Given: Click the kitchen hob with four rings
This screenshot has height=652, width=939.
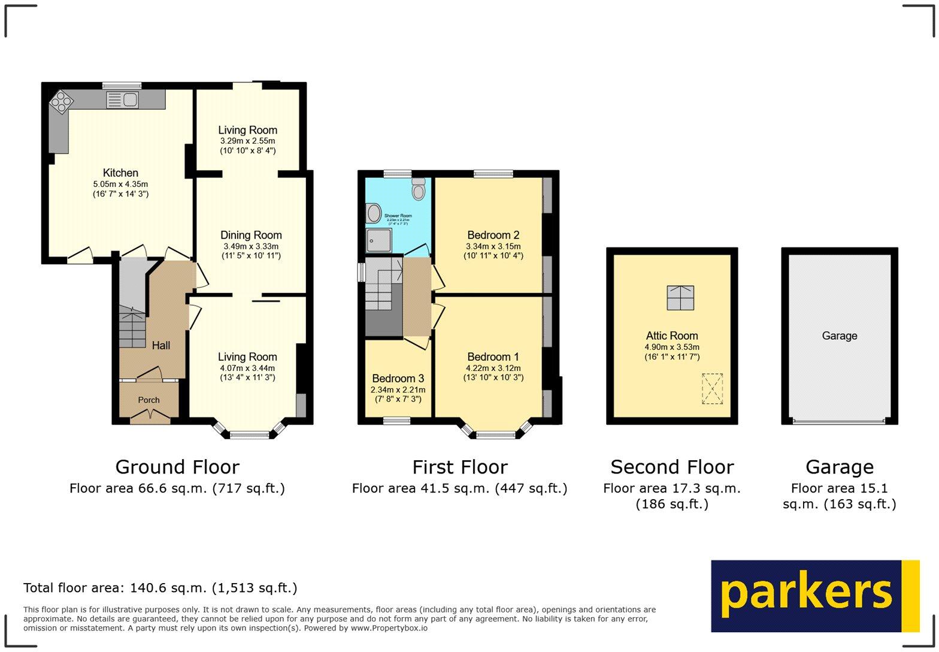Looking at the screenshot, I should click(60, 101).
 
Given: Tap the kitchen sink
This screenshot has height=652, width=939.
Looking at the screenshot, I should click(123, 100).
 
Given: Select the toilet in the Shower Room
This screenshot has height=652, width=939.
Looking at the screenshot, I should click(419, 189).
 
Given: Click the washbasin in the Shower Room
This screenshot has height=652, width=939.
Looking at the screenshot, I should click(374, 213).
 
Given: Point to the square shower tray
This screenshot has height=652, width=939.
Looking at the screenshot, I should click(378, 240).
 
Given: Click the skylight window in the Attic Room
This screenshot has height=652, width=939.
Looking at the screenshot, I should click(680, 297).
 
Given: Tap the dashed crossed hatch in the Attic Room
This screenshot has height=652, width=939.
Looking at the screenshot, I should click(712, 388).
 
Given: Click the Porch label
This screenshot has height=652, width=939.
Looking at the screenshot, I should click(149, 400).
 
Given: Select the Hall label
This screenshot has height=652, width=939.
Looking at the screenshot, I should click(160, 345).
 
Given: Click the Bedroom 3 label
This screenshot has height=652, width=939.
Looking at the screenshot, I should click(398, 378).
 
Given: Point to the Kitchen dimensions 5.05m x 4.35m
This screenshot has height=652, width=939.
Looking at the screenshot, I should click(120, 184).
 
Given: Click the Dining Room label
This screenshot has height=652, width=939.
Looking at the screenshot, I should click(251, 235).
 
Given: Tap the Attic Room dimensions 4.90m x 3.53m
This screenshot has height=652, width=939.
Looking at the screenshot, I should click(672, 347).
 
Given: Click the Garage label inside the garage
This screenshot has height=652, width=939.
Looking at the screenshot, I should click(839, 336).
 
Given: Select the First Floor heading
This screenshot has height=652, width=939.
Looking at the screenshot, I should click(459, 467).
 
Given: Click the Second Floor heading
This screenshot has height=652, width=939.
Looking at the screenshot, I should click(671, 467).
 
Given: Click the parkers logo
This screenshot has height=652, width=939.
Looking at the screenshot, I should click(814, 596).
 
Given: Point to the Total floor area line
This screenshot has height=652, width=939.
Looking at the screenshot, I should click(160, 588).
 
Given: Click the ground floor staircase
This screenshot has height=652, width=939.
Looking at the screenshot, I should click(132, 327).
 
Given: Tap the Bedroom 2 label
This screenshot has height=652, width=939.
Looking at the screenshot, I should click(493, 235).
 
